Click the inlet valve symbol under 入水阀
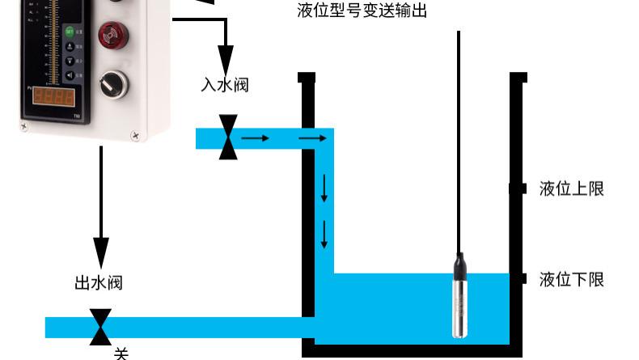point(229,138)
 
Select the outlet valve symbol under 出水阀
point(101,326)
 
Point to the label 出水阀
point(99,282)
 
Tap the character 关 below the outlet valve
point(121,353)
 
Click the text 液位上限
point(572,189)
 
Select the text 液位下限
point(572,279)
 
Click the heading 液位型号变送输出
point(363,11)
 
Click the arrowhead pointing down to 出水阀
point(101,251)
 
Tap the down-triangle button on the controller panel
point(70,61)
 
